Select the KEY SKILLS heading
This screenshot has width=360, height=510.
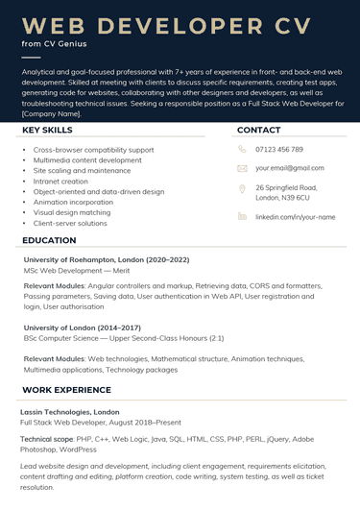pos(47,130)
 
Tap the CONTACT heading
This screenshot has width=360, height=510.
pos(258,130)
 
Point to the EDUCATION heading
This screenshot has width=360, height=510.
pos(49,240)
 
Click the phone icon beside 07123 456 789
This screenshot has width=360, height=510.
pos(242,150)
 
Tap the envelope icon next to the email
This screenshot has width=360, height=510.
pos(242,168)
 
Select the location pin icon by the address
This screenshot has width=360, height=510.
pos(242,189)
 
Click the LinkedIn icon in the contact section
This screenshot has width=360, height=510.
pos(242,217)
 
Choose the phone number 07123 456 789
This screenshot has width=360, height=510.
pos(279,150)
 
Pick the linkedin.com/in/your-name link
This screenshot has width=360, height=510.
pos(295,217)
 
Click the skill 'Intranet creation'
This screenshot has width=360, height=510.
pos(60,182)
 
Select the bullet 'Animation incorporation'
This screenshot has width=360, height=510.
pos(74,203)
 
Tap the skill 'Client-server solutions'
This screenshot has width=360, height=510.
pos(70,223)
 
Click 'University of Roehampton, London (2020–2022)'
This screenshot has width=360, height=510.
pos(107,260)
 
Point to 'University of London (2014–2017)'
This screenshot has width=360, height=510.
pos(82,328)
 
